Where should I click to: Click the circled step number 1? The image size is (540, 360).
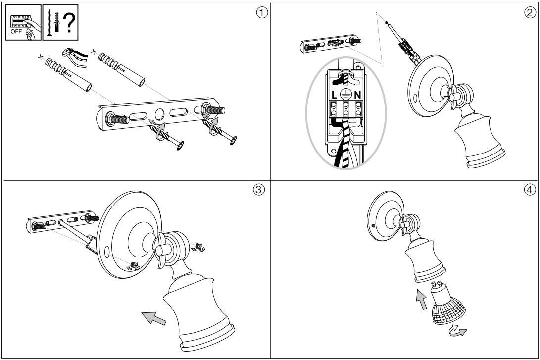262,13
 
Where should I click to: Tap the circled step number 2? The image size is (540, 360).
530,13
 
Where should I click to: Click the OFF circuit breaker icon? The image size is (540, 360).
24,23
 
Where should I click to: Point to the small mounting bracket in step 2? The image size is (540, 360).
328,45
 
